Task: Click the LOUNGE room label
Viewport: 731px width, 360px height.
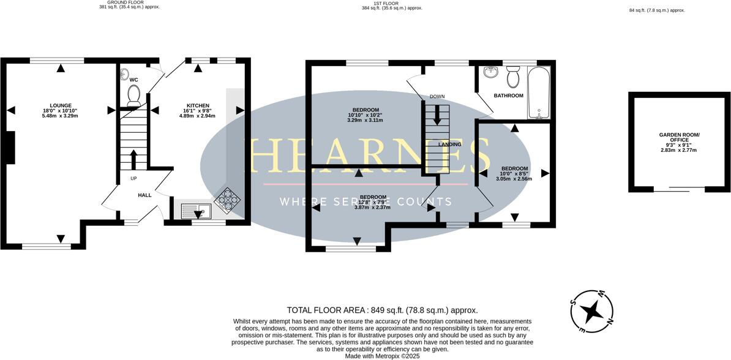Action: (x=61, y=105)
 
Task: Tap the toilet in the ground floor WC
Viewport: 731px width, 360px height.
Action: (x=133, y=95)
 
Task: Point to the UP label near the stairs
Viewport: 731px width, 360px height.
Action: (x=133, y=179)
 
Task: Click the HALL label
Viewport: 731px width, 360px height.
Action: (x=144, y=195)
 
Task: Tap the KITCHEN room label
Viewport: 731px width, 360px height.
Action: (x=198, y=105)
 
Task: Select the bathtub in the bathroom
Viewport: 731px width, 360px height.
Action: (x=539, y=93)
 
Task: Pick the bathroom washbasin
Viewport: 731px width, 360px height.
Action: (x=490, y=73)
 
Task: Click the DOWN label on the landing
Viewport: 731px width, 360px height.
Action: (x=437, y=97)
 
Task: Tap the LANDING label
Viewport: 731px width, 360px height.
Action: (x=449, y=144)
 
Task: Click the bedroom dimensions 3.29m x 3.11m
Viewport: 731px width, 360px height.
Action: (x=365, y=121)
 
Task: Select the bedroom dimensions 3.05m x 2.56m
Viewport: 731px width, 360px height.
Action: (x=514, y=179)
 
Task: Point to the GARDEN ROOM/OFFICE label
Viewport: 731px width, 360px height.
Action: (x=679, y=137)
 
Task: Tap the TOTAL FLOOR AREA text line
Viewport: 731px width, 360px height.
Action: (x=382, y=310)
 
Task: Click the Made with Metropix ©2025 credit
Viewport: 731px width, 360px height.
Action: (x=382, y=356)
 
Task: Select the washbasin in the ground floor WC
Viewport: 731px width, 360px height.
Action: (x=126, y=75)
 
